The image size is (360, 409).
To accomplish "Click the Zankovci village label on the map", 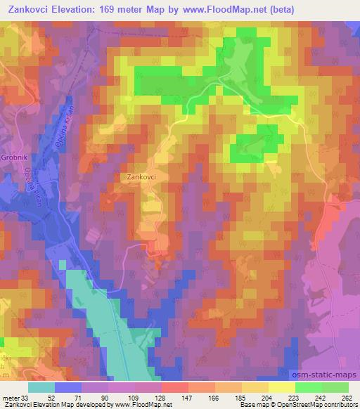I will point(141,178).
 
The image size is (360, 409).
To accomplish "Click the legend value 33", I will point(27,398).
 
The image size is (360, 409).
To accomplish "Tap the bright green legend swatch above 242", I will point(308,387).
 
